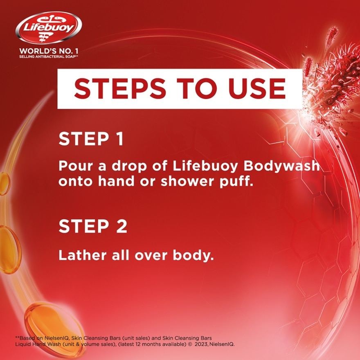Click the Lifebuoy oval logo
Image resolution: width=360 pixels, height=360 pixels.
(48, 27)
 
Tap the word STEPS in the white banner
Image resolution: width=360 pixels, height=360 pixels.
(120, 89)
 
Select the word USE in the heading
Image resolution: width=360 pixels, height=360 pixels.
(257, 89)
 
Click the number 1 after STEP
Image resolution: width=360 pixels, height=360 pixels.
(120, 139)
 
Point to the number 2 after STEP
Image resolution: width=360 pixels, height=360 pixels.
(122, 226)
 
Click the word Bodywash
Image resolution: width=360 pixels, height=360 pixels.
(281, 166)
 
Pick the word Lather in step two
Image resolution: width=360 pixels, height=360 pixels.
(83, 255)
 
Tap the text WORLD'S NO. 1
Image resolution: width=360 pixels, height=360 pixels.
(49, 51)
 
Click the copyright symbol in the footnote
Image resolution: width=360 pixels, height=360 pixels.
(190, 344)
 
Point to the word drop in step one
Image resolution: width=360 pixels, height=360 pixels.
(129, 166)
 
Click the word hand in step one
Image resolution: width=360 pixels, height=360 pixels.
(116, 181)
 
